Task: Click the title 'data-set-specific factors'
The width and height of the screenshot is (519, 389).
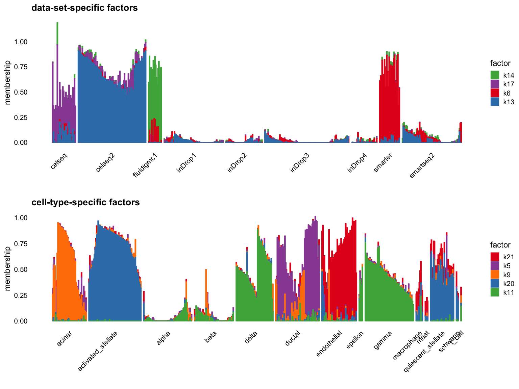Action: pyautogui.click(x=84, y=8)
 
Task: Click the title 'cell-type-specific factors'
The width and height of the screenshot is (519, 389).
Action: pyautogui.click(x=85, y=202)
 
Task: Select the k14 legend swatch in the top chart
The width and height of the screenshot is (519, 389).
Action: pyautogui.click(x=495, y=75)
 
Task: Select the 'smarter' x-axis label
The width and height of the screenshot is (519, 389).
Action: pyautogui.click(x=383, y=163)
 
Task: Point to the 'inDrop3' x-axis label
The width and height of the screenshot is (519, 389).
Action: pyautogui.click(x=300, y=163)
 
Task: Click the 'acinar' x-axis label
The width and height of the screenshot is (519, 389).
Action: pyautogui.click(x=64, y=338)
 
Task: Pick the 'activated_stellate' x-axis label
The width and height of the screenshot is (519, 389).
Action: pyautogui.click(x=98, y=351)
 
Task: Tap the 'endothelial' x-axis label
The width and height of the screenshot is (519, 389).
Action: pyautogui.click(x=329, y=343)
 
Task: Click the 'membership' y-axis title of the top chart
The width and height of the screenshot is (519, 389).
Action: pyautogui.click(x=8, y=82)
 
